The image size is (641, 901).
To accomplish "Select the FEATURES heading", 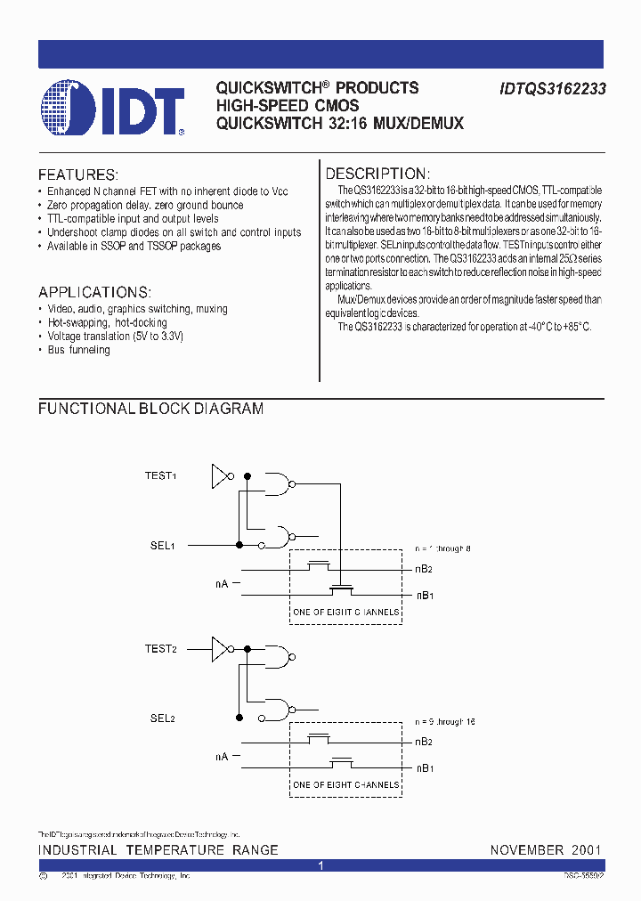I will (77, 175).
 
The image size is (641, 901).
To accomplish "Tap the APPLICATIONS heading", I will (94, 293).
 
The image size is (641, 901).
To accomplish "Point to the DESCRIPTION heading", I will (377, 175).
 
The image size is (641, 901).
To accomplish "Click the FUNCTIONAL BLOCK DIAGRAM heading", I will (150, 409).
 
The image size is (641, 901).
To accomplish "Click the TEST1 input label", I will (160, 476).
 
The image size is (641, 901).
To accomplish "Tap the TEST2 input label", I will (160, 649).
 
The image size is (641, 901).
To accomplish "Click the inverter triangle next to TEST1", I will (219, 476).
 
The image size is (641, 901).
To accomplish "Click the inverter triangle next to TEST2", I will (219, 649).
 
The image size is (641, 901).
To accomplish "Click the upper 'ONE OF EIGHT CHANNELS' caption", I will (346, 612).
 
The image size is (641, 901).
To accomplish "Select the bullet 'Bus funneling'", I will (79, 350).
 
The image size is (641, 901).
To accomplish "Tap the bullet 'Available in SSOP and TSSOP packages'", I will (134, 246).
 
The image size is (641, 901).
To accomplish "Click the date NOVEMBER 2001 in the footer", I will (546, 850).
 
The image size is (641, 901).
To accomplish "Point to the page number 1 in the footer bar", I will (321, 865).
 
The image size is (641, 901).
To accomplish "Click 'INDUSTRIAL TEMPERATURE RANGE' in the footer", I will (158, 850).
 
